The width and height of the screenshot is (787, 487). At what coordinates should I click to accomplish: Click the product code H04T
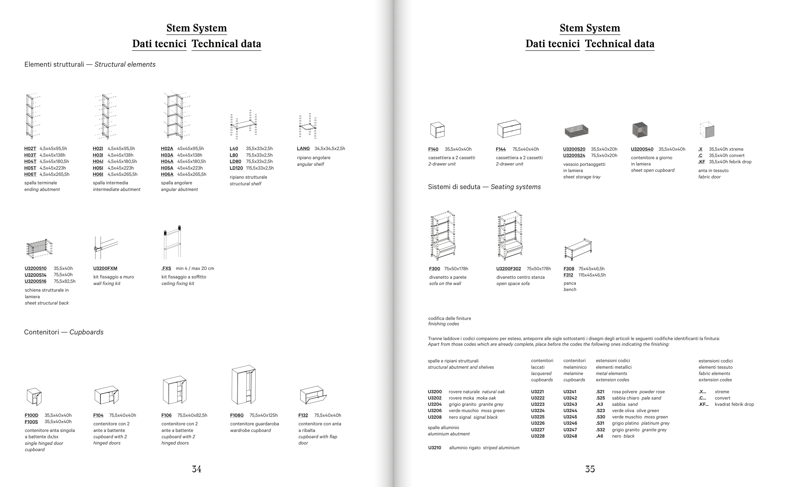pos(30,161)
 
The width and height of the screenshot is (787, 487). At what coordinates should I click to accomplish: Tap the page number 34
pos(196,469)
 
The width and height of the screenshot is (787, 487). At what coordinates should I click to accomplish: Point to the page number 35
pos(590,469)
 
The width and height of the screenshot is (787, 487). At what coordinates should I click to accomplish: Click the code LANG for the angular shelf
pos(303,148)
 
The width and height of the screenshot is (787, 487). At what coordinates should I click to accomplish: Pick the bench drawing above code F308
pos(578,249)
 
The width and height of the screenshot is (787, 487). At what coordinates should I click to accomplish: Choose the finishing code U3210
pos(434,448)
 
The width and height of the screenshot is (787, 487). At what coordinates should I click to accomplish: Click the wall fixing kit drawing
pos(106,248)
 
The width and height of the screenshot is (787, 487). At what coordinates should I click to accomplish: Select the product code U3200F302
pos(508,269)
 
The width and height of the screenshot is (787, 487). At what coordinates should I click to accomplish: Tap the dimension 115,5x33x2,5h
pos(260,168)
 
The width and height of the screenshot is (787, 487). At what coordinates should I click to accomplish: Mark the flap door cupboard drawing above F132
pos(313,395)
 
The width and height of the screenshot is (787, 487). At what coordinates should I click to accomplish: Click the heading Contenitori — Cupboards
pos(64,332)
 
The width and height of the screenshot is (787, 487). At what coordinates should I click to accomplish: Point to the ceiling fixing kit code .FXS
pos(166,268)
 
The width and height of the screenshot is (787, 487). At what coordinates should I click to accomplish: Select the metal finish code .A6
pos(599,436)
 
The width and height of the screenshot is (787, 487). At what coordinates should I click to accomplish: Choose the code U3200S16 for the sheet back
pos(36,281)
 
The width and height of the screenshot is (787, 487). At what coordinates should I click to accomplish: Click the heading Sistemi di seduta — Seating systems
pos(484,187)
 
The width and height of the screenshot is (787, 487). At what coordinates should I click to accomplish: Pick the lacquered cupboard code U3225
pos(538,417)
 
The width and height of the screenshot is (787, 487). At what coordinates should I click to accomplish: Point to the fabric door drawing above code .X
pos(707,130)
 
